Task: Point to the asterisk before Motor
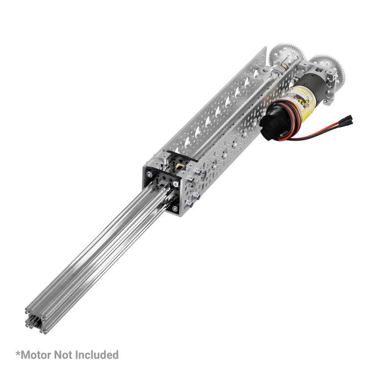pos(18,353)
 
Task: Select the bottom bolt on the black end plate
pos(175,208)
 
